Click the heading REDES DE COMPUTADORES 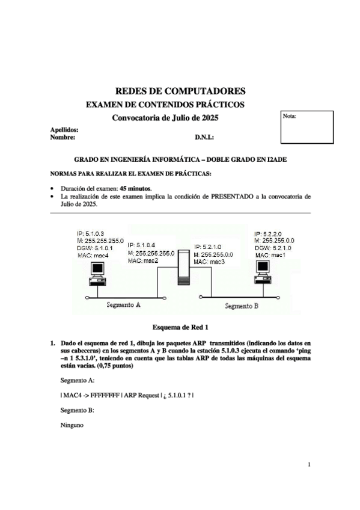(x=180, y=91)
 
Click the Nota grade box (x=307, y=127)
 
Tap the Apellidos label (x=64, y=129)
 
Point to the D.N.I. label (x=204, y=138)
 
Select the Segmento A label (x=123, y=305)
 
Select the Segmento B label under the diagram (x=241, y=306)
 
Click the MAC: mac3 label (x=209, y=262)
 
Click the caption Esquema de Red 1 (x=180, y=328)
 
